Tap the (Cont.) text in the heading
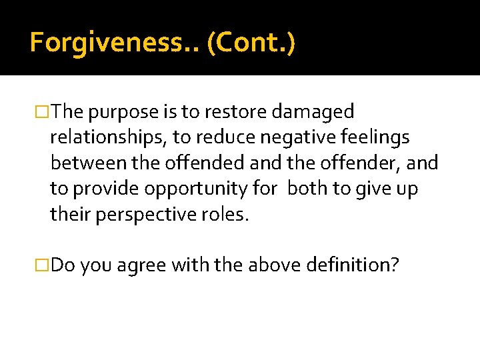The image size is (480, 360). click(251, 43)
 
